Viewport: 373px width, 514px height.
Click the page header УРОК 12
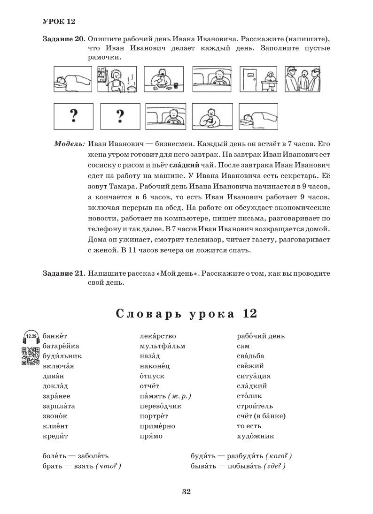tap(59, 22)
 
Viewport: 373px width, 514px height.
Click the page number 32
tap(186, 491)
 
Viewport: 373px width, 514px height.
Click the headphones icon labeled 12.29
tap(31, 338)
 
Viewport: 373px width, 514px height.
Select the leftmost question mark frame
tap(73, 116)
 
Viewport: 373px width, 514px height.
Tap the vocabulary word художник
tap(256, 436)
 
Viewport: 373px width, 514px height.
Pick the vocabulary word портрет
tap(154, 416)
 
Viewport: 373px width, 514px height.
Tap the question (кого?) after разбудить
tap(279, 456)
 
